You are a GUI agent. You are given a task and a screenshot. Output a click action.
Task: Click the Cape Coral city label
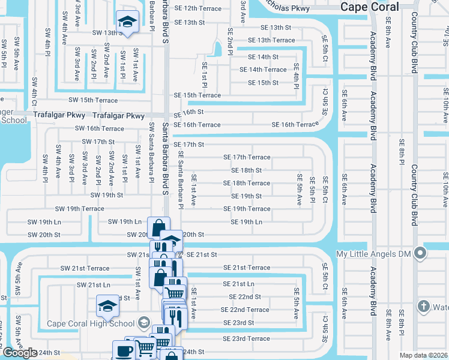pos(369,7)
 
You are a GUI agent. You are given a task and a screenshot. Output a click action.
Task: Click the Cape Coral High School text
pos(91,324)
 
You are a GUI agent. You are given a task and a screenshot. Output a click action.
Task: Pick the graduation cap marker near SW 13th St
pos(127,23)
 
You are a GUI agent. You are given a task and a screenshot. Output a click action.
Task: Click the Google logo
pos(20,353)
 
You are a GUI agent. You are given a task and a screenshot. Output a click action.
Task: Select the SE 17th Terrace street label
pos(247,157)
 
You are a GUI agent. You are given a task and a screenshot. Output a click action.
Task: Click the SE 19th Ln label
pos(247,222)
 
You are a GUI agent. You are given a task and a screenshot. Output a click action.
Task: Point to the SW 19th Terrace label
pos(79,209)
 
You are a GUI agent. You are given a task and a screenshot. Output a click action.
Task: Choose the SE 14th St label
pos(259,57)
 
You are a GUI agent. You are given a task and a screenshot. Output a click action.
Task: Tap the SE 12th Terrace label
pos(197,9)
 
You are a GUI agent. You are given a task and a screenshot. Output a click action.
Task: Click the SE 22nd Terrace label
pos(245,310)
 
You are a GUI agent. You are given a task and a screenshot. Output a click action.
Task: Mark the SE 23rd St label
pos(239,323)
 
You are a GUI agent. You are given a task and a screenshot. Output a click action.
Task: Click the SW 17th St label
pos(98,142)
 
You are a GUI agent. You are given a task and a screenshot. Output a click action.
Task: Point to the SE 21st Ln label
pos(239,284)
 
